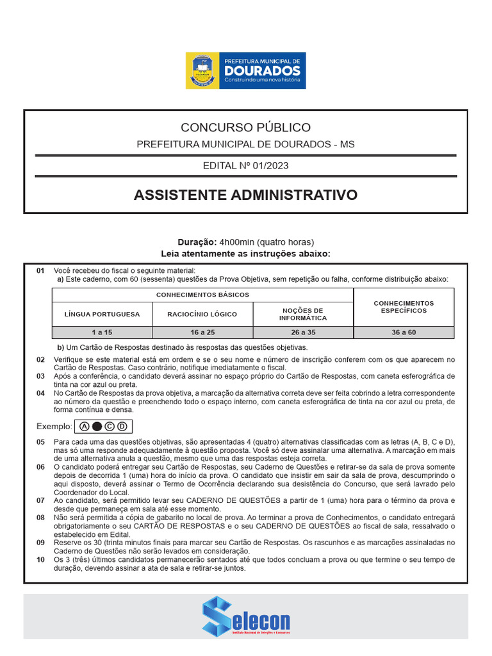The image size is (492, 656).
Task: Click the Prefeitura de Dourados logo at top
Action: coord(245,71)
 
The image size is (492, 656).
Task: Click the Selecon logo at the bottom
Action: coord(246,616)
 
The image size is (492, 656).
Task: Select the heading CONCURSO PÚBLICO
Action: coord(245,127)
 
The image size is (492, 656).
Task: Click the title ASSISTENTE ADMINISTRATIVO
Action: coord(245,195)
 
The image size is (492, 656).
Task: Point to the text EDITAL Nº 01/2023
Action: coord(245,166)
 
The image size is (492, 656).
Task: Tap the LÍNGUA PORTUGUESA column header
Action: coord(102,314)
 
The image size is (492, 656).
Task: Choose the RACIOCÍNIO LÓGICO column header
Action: coord(202,314)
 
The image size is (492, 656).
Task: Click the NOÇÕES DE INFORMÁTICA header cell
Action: coord(303,314)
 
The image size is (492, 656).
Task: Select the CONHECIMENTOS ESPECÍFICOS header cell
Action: coord(404,307)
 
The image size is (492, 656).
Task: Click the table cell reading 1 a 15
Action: coord(102,332)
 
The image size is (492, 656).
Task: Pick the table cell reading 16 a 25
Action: coord(202,332)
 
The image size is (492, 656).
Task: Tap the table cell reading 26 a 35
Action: coord(303,332)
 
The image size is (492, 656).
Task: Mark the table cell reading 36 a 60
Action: coord(404,332)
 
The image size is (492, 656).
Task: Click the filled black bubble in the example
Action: coord(97,427)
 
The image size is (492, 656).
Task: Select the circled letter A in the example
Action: coord(85,427)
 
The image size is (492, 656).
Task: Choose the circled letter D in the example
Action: coord(122,427)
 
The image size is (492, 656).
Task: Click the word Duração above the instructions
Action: coord(197,242)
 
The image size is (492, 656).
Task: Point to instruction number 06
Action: coord(40,468)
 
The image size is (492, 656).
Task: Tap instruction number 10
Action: coord(40,559)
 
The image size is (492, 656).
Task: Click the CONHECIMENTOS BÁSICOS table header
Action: coord(202,295)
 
